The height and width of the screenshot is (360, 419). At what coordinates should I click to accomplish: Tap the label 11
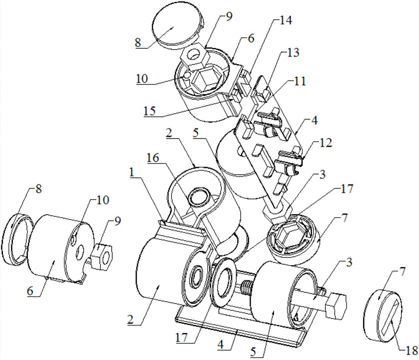(300, 82)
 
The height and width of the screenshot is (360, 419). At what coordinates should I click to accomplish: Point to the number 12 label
(325, 143)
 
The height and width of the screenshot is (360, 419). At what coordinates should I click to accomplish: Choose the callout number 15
(151, 111)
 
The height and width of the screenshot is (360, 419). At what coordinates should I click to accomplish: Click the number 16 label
(153, 158)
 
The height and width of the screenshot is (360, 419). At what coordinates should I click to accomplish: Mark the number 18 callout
(411, 350)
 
